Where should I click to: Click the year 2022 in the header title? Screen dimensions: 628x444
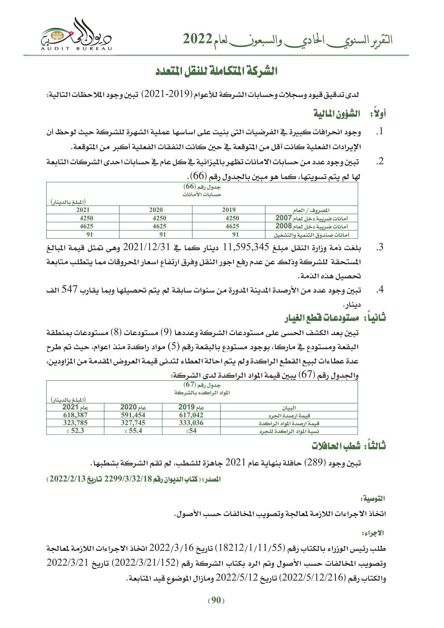(197, 39)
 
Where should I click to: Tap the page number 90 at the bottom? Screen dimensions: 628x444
(216, 600)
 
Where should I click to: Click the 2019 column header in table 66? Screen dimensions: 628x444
(228, 210)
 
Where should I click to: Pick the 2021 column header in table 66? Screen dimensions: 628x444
(83, 210)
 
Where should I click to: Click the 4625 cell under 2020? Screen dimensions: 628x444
(159, 226)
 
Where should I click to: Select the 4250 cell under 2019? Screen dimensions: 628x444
(232, 218)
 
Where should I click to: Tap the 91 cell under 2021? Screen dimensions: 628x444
(90, 234)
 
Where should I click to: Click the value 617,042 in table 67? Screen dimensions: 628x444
(191, 415)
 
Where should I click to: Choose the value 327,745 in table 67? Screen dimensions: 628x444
(133, 423)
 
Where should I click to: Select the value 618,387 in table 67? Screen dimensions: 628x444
(75, 415)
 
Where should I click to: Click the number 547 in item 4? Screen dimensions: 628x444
(70, 290)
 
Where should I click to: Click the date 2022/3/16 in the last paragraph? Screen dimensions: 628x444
(171, 547)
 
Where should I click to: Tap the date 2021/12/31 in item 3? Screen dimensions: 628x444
(147, 247)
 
